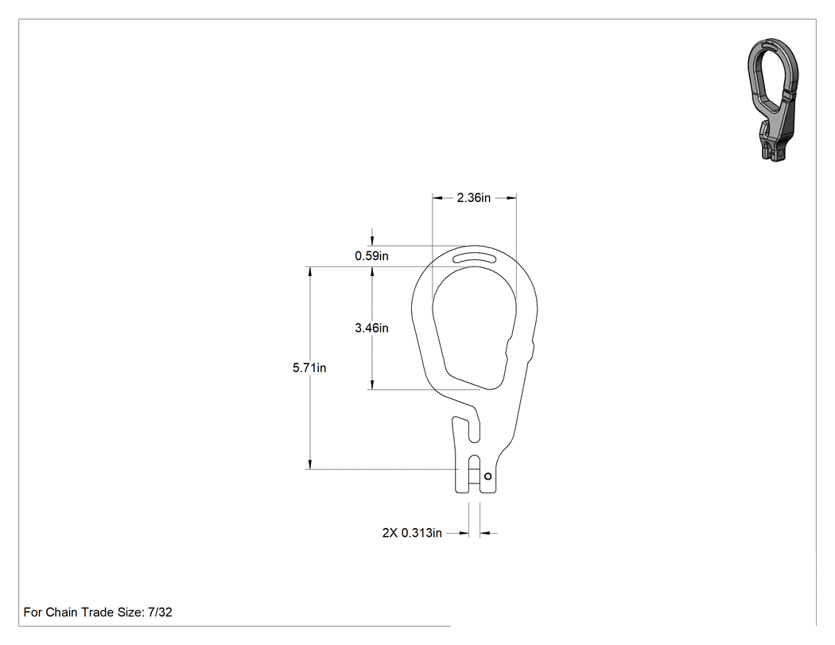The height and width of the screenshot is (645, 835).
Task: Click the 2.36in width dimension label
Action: pos(473,197)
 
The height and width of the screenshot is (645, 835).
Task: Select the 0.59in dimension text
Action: pos(371,255)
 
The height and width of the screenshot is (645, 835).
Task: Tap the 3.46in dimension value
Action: pos(371,328)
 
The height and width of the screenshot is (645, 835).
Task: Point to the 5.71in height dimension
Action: pos(309,367)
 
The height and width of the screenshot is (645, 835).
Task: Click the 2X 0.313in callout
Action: pos(412,533)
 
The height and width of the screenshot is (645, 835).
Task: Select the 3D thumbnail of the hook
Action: pos(773,99)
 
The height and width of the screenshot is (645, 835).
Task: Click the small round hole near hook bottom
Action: pos(487,476)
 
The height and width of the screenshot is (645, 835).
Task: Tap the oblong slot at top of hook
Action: pos(474,259)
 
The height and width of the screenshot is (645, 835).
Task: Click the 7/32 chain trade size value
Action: pos(160,612)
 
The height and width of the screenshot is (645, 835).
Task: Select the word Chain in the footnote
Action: pos(61,612)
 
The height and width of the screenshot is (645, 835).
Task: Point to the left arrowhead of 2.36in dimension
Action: pos(437,197)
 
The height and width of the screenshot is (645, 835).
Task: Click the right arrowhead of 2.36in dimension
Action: pos(511,197)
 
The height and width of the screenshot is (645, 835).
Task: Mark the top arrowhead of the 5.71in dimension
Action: pos(309,272)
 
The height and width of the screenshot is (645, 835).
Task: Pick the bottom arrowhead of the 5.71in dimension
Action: pos(309,464)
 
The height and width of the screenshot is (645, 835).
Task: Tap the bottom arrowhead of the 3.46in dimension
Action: pos(371,384)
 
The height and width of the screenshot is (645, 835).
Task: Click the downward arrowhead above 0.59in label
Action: pos(371,240)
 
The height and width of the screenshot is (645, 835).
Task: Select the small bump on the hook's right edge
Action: pos(531,351)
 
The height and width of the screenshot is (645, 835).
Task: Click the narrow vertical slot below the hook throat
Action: pos(474,428)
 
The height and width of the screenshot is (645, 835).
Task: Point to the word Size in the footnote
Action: pos(129,612)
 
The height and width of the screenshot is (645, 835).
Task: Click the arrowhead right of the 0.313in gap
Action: pos(485,533)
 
